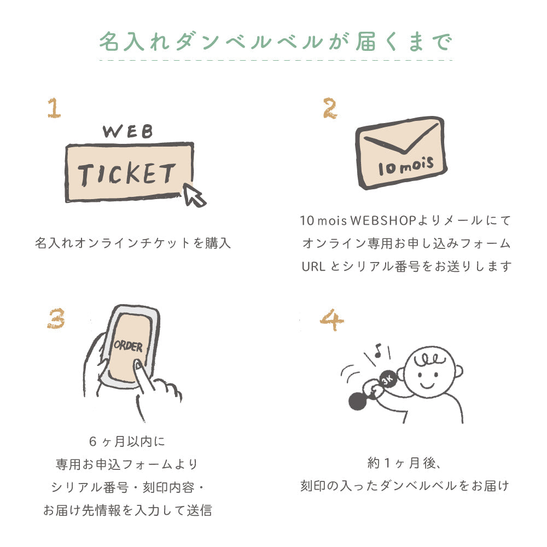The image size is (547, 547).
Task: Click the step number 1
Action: [54, 108]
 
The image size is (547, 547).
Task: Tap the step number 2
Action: [330, 108]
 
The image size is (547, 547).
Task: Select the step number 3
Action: [56, 318]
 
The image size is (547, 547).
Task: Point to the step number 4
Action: [332, 319]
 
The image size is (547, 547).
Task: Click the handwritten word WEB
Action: [128, 131]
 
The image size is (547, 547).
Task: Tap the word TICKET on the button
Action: [126, 173]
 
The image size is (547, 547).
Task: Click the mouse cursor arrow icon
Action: [194, 195]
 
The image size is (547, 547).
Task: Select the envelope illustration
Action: [401, 153]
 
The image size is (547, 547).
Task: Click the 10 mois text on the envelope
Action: [406, 166]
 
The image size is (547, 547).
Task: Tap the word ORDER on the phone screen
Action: [128, 346]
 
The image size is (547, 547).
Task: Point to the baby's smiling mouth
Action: [427, 385]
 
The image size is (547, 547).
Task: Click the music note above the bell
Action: [377, 350]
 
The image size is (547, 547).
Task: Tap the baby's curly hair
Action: [429, 359]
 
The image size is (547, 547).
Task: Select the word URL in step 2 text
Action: [313, 266]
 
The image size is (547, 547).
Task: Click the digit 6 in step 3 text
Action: [92, 441]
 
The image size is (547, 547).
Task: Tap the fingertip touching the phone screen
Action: [138, 365]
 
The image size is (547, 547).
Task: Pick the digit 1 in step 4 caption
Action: [387, 463]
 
